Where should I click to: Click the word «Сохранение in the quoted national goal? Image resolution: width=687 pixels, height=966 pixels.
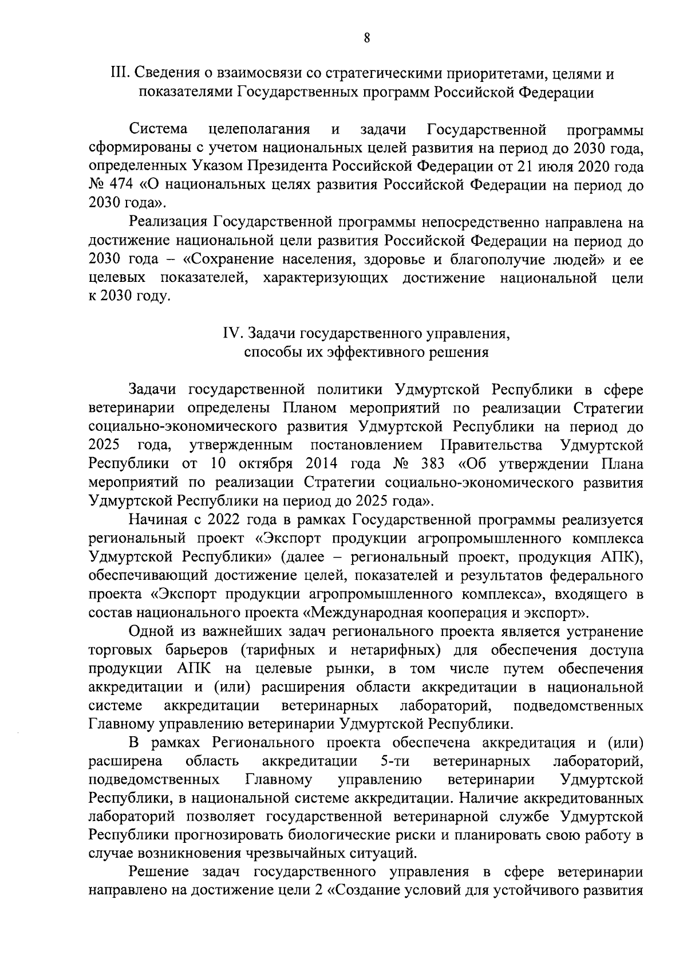click(x=224, y=260)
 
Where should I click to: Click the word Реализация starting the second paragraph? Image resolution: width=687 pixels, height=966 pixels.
click(x=167, y=222)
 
